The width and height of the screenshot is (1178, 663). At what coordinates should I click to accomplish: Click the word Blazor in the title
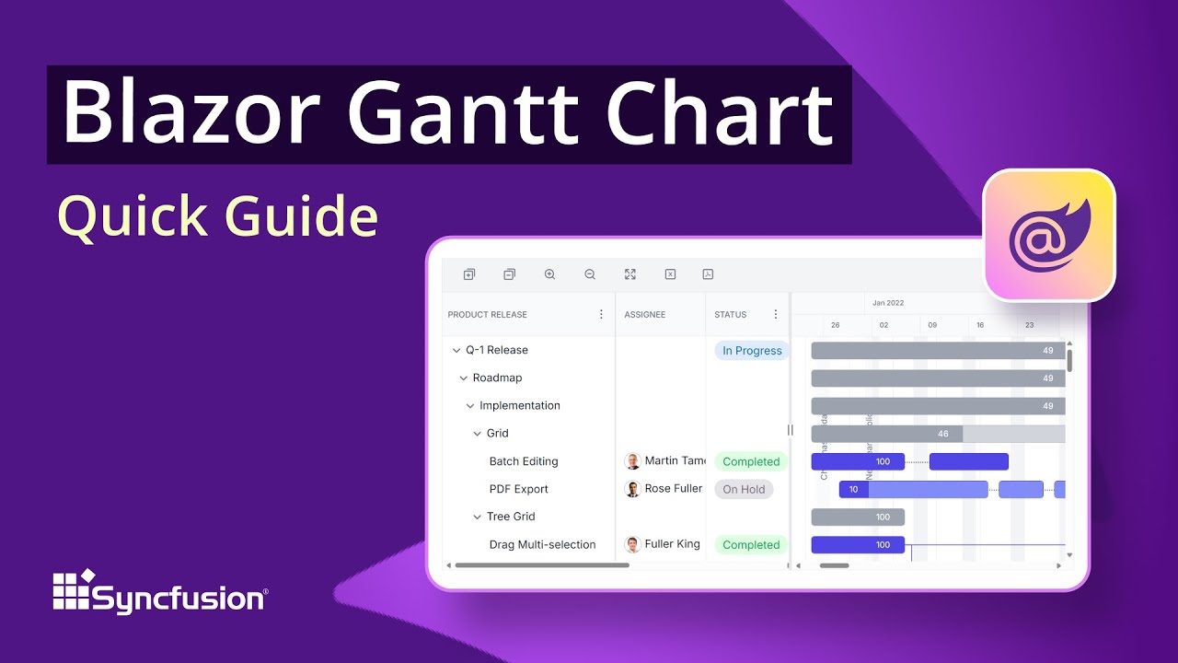pos(189,115)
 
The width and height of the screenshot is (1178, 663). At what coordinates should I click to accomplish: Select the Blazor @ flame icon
pos(1048,235)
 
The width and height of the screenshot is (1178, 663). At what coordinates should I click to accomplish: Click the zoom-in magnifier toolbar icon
pos(549,274)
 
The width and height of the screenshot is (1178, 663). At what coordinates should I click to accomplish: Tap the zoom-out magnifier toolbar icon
pos(590,274)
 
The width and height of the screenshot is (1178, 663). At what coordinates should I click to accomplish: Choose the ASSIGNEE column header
pos(644,315)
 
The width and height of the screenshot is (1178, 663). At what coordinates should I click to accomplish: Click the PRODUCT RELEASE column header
pos(487,315)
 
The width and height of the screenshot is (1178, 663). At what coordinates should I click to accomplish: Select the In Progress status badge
pos(751,351)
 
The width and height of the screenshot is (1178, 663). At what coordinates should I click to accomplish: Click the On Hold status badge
pos(744,489)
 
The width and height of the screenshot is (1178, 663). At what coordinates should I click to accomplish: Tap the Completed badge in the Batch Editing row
pos(750,461)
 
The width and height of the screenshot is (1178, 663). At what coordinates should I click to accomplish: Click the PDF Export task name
pos(518,489)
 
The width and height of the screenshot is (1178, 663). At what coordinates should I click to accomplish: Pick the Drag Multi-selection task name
pos(542,544)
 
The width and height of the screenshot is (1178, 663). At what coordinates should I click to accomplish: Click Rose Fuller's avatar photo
pos(632,489)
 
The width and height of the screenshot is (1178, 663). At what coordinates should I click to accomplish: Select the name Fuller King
pos(672,544)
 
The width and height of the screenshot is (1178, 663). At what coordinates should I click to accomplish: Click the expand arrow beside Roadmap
pos(464,378)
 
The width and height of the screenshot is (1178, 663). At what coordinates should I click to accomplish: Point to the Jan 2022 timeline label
pos(888,303)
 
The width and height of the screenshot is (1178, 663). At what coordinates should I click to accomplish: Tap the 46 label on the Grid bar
pos(942,434)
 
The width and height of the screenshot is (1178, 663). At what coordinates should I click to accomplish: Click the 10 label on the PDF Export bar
pos(853,489)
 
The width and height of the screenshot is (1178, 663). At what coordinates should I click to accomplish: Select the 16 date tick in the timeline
pos(980,325)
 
